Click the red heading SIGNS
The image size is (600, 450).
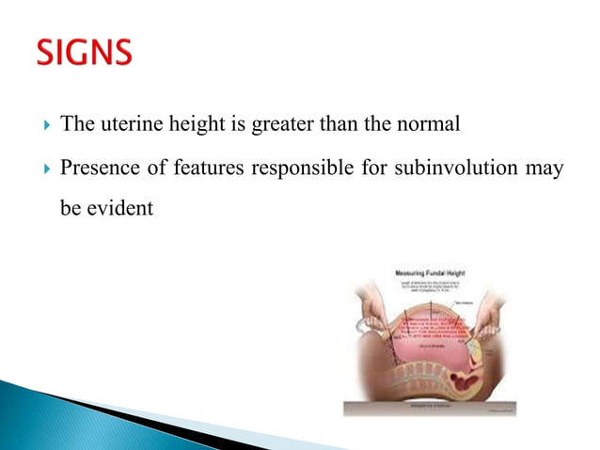86,55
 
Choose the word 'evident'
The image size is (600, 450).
118,208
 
